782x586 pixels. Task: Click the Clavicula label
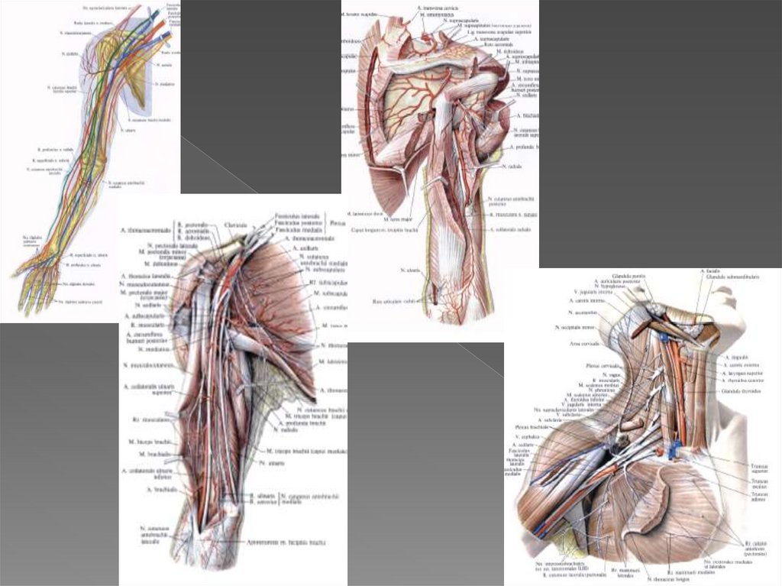(236, 225)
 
